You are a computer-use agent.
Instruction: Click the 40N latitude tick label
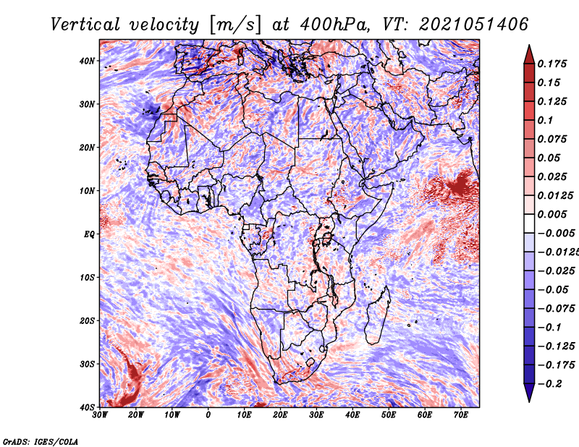tap(87, 61)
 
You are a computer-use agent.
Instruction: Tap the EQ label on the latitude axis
tap(89, 234)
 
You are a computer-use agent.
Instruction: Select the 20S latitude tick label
tap(87, 320)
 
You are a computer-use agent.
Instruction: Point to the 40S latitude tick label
tap(87, 407)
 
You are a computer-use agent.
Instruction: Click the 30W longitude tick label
tap(100, 415)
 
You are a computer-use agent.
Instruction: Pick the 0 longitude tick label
tap(208, 415)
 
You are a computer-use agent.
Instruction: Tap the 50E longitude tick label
tap(389, 415)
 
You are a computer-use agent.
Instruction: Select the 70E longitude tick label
tap(461, 415)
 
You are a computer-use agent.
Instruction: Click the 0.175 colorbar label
tap(552, 64)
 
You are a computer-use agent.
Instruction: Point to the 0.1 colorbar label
tap(546, 120)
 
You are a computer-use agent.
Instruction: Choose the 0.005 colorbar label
tap(552, 214)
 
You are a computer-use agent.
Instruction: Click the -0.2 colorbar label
tap(550, 384)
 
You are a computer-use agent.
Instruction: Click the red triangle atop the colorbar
tap(529, 55)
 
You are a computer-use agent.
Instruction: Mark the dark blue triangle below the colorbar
tap(529, 393)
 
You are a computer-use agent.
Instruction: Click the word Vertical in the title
tap(85, 25)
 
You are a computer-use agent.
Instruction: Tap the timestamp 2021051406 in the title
tap(473, 25)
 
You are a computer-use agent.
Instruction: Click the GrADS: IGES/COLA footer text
tap(41, 441)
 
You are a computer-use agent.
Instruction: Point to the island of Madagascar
tap(378, 315)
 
